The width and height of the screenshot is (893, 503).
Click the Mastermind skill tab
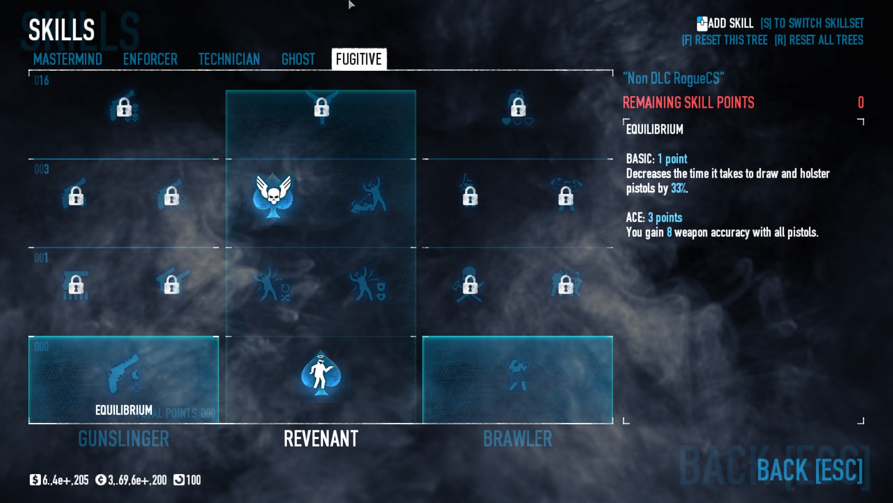[x=67, y=59]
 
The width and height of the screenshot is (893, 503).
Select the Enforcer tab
[x=150, y=59]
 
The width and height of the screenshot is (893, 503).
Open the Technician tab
[x=229, y=59]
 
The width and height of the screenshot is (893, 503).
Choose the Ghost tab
[x=298, y=59]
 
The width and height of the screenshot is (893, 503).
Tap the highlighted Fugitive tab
[x=359, y=59]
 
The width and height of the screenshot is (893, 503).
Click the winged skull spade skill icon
[x=273, y=196]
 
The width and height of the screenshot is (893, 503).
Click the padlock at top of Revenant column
[x=321, y=108]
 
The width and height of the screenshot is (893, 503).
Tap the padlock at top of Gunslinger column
[x=124, y=108]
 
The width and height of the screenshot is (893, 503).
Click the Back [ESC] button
[x=809, y=470]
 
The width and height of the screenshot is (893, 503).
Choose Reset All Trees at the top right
[x=819, y=40]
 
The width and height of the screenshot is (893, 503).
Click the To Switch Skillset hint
[x=812, y=23]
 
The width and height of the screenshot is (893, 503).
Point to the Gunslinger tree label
[x=124, y=439]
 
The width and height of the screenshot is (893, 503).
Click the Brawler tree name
[x=518, y=439]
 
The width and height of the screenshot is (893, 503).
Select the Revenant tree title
[x=321, y=439]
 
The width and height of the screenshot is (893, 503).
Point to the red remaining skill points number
[x=860, y=102]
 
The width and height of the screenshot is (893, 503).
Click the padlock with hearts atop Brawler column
[x=518, y=108]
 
